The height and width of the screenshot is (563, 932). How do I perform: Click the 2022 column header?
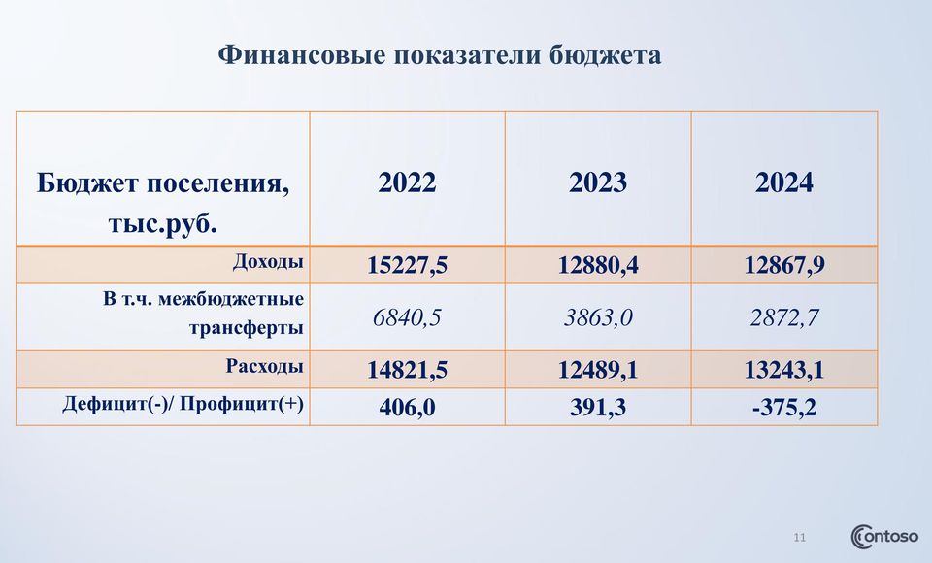click(x=407, y=182)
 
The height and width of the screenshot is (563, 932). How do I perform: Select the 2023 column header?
click(x=598, y=182)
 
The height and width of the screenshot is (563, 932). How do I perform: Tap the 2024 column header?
click(x=784, y=182)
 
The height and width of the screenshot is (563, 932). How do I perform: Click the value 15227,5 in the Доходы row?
click(x=407, y=265)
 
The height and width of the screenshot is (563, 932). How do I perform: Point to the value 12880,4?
click(x=598, y=265)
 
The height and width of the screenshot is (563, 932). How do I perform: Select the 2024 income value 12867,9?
click(x=784, y=265)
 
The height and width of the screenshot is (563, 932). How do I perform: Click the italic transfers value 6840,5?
click(x=407, y=317)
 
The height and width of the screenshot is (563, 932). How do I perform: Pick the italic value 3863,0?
click(x=598, y=317)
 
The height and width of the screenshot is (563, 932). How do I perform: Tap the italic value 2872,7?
click(x=784, y=317)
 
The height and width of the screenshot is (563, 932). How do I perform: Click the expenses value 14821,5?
click(x=407, y=370)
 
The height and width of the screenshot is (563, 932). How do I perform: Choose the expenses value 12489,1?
click(x=598, y=370)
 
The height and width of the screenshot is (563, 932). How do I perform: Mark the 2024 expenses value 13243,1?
click(x=784, y=370)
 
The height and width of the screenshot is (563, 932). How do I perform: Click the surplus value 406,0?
click(x=407, y=408)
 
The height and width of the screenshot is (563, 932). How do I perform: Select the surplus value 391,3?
click(x=598, y=408)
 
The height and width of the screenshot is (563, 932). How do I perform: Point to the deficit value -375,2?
click(x=784, y=408)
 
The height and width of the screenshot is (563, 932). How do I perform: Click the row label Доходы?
click(x=268, y=261)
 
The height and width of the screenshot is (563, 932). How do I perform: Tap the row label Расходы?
click(x=264, y=366)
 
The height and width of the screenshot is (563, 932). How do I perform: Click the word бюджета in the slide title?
click(x=605, y=55)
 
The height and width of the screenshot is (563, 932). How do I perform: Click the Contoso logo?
click(x=884, y=537)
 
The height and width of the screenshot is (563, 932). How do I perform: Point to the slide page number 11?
click(x=799, y=538)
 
